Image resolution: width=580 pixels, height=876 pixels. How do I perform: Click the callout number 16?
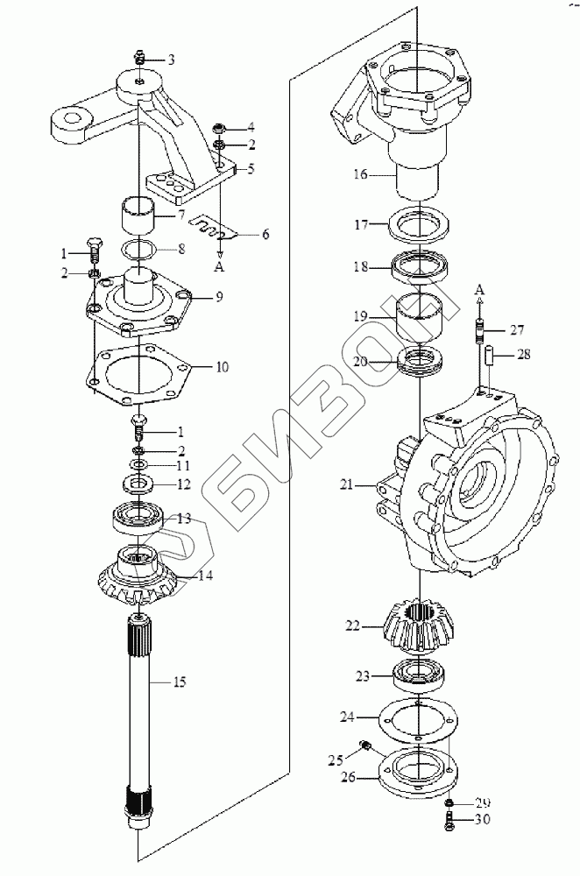tap(360, 174)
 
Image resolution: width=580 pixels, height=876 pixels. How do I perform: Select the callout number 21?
tap(347, 484)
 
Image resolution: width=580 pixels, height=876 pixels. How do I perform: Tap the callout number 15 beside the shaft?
tap(180, 682)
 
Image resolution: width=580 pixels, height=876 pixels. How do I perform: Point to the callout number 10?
tap(222, 367)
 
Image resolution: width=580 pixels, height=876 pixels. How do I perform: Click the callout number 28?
tap(524, 354)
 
